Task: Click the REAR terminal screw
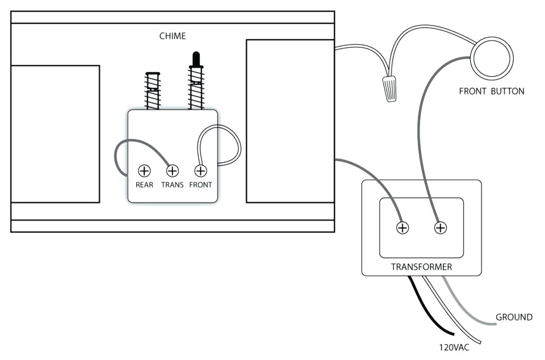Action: tap(144, 171)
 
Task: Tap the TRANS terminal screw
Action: tap(172, 171)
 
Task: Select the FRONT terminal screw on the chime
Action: tap(201, 171)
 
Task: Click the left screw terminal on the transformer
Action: tap(403, 228)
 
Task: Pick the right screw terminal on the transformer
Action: tap(441, 228)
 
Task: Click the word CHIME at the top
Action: tap(172, 36)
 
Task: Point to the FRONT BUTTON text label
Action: tap(491, 91)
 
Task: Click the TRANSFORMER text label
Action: tap(421, 267)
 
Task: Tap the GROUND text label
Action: tap(514, 317)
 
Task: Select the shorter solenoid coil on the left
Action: tap(153, 91)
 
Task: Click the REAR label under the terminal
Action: tap(144, 185)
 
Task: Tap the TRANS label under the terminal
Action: tap(172, 185)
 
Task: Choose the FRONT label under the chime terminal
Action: tap(201, 185)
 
